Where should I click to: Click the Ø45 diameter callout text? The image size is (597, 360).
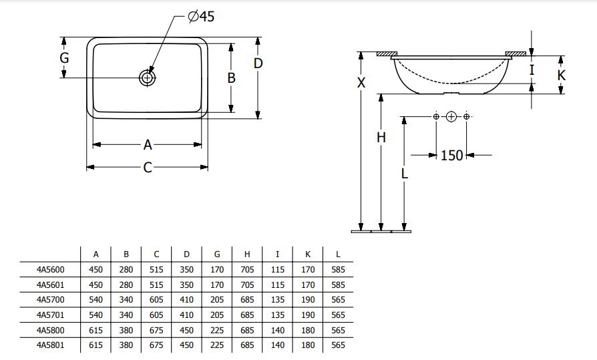click(x=201, y=17)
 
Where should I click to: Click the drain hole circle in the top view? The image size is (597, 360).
click(x=147, y=78)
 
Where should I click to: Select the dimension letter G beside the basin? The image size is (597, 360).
click(x=64, y=58)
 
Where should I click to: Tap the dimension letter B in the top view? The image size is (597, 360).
click(x=231, y=77)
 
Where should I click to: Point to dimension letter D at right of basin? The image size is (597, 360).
click(x=258, y=63)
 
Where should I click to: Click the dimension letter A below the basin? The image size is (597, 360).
click(x=148, y=145)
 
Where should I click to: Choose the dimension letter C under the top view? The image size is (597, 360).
click(x=148, y=167)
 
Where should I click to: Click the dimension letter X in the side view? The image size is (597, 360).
click(x=361, y=83)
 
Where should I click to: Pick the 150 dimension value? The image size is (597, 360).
click(x=451, y=156)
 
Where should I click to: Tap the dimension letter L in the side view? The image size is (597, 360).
click(x=405, y=174)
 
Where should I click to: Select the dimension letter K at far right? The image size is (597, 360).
click(x=561, y=75)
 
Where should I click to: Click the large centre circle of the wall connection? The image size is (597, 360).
click(x=451, y=117)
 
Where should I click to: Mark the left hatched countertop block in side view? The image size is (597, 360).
click(x=387, y=53)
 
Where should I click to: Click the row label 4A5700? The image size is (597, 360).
click(x=51, y=300)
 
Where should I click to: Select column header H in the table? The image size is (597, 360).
click(x=247, y=254)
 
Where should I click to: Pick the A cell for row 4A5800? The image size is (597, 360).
click(x=96, y=331)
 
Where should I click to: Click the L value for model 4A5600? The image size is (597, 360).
click(x=338, y=270)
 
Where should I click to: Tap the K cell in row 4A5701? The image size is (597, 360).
click(x=308, y=315)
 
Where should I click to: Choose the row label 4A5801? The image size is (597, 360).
click(x=51, y=345)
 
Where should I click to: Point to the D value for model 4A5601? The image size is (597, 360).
click(x=186, y=285)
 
